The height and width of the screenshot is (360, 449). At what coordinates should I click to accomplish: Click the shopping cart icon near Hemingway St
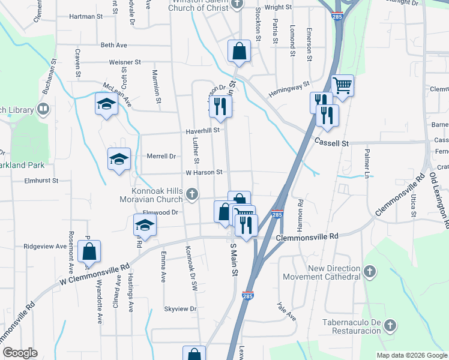click(342, 85)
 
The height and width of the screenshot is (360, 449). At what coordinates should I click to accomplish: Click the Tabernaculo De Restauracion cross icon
click(390, 326)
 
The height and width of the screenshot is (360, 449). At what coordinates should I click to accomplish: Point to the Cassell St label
click(331, 143)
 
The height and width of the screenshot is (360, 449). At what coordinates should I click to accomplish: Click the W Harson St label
click(204, 172)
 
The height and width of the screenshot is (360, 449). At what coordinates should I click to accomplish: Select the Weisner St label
click(125, 62)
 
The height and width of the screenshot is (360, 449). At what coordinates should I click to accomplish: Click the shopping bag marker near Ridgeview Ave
click(89, 252)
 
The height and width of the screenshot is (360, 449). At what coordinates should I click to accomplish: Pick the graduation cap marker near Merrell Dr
click(119, 159)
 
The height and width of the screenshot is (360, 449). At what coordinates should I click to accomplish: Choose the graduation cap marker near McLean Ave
click(106, 104)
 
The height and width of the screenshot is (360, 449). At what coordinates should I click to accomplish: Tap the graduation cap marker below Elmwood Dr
click(145, 226)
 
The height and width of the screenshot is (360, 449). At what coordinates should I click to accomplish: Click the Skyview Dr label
click(180, 309)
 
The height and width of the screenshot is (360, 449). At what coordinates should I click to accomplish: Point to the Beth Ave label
click(114, 45)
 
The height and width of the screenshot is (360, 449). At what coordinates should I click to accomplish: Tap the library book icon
click(43, 109)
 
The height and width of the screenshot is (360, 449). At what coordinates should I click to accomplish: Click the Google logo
click(20, 353)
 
